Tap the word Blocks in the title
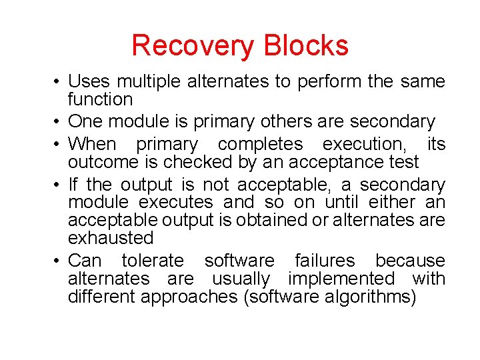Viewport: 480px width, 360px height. pyautogui.click(x=306, y=46)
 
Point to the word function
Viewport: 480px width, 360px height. pyautogui.click(x=100, y=99)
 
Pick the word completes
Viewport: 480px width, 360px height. pyautogui.click(x=261, y=144)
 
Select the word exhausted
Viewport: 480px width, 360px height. pyautogui.click(x=111, y=238)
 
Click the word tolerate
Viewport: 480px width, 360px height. pyautogui.click(x=153, y=261)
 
